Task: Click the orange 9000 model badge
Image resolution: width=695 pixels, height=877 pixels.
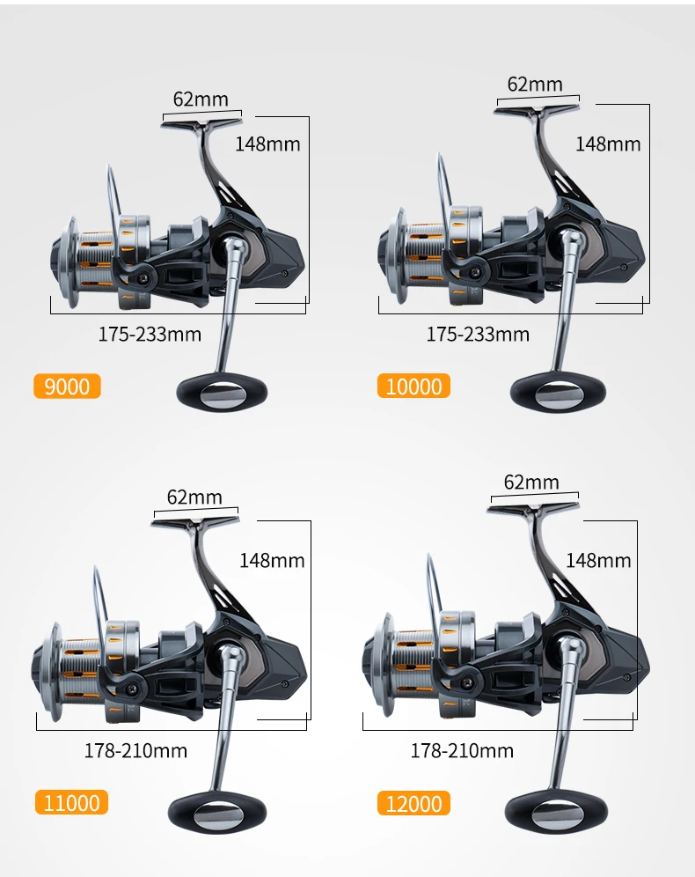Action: (67, 386)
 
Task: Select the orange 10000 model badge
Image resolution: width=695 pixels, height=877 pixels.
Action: (413, 386)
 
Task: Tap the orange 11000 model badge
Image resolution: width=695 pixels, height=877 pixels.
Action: (71, 803)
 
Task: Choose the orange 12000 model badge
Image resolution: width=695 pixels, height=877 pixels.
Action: (413, 803)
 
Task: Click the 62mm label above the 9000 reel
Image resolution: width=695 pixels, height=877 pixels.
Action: (201, 99)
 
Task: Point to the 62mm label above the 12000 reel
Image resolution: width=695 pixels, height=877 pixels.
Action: (531, 483)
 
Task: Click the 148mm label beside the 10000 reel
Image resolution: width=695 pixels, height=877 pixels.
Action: (608, 144)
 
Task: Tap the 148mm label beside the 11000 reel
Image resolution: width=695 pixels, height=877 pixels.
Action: (272, 560)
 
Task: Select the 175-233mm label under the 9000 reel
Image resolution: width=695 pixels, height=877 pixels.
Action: (150, 334)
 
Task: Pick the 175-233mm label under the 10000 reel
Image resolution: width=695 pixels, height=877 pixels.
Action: (478, 334)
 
